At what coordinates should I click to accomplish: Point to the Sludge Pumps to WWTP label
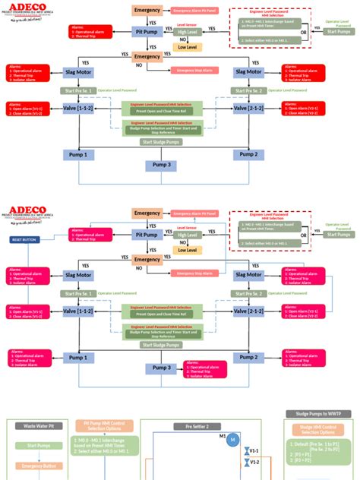[318, 414]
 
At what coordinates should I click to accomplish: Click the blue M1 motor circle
[233, 440]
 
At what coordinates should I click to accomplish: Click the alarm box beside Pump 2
[304, 356]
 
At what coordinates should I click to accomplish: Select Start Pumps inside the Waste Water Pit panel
[39, 446]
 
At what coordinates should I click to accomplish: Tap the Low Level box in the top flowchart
[186, 46]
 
